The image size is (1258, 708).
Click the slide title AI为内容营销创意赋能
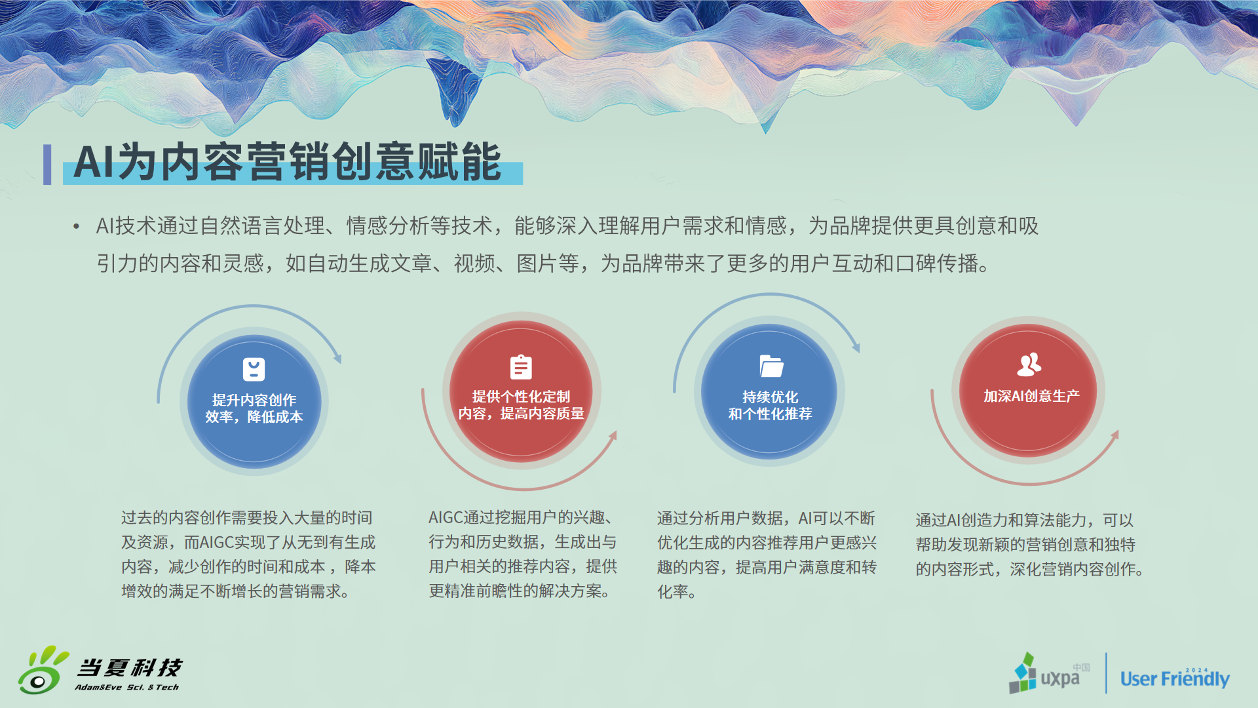(x=287, y=162)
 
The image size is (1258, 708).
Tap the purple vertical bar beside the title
(x=47, y=165)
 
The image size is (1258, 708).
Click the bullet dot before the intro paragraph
(x=77, y=227)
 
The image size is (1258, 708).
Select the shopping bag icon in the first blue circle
(x=254, y=369)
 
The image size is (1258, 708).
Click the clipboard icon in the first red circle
(x=521, y=366)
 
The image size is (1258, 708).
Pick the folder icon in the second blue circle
(x=771, y=366)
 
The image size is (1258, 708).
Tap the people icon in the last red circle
(x=1029, y=364)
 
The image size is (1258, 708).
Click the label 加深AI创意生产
(x=1031, y=396)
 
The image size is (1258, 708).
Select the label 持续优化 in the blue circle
(x=770, y=397)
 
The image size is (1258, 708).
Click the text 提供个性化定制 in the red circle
(x=521, y=397)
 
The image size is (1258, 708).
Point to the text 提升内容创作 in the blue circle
(x=254, y=400)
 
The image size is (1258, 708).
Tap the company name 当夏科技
(x=130, y=667)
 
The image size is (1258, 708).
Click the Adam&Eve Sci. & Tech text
(x=126, y=687)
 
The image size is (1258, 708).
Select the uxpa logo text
(x=1059, y=678)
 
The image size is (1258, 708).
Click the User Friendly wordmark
(x=1175, y=678)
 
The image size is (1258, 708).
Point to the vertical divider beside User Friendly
(x=1106, y=673)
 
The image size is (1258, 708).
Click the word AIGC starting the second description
(x=446, y=518)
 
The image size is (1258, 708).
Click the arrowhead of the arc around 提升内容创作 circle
(x=337, y=358)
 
